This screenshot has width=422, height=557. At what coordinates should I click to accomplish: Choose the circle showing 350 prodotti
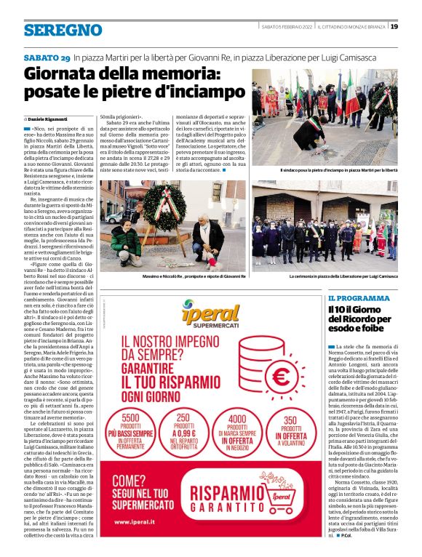point(290,432)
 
